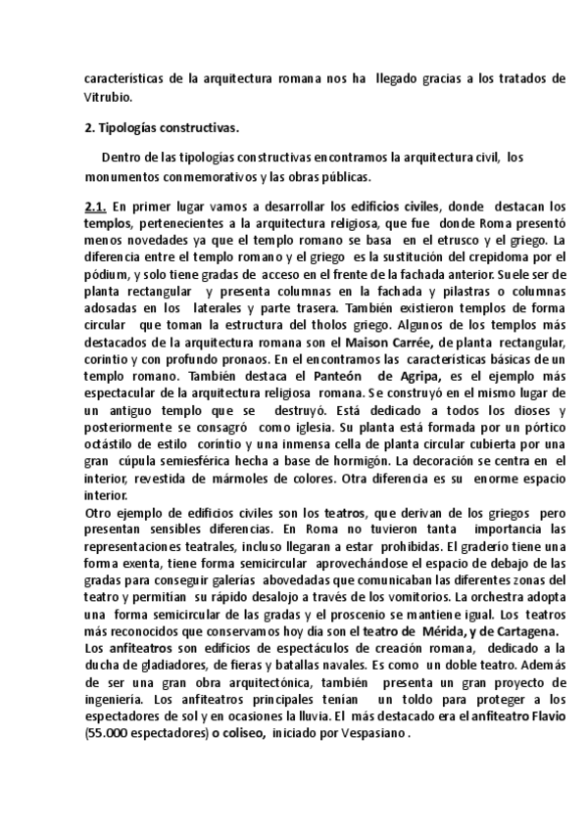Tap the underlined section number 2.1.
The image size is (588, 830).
(x=95, y=207)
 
